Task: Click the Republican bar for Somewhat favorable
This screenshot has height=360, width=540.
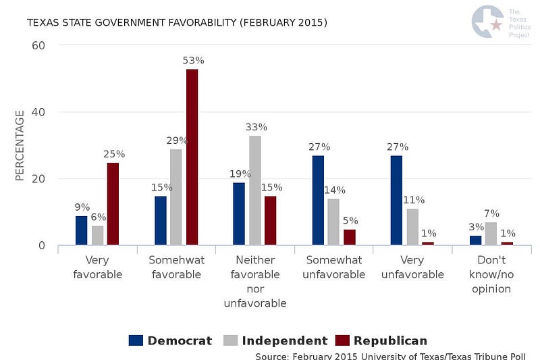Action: point(192,157)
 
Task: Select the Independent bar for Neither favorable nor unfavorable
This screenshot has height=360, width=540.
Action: point(254,190)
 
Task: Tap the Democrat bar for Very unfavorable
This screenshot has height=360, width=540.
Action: point(396,200)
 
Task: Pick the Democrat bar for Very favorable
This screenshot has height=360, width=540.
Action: point(81,230)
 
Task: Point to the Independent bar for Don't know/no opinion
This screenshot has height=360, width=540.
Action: point(491,234)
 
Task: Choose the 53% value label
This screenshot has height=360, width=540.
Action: point(193,61)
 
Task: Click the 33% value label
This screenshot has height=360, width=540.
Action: point(256,127)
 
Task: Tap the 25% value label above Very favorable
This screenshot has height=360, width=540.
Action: point(114,154)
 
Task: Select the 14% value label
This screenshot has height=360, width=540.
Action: point(335,190)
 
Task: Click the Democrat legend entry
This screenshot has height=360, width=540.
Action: point(170,340)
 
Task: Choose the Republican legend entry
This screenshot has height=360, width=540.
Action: point(382,340)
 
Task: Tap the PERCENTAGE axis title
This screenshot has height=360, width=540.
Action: point(20,145)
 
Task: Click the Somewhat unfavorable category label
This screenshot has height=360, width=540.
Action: point(333,267)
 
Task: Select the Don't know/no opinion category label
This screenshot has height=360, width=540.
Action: point(491,274)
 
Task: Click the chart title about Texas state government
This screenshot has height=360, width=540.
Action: point(177,23)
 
